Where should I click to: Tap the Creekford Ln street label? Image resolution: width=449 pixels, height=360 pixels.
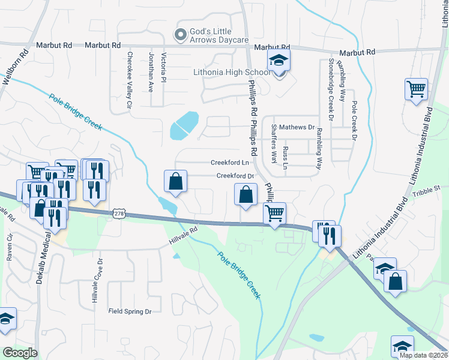(x=229, y=163)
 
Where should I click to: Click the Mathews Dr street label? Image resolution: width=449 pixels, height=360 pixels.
(x=297, y=127)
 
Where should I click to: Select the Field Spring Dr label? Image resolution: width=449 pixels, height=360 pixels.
(x=130, y=311)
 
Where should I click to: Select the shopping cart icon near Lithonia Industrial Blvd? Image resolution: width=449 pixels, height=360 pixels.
(x=416, y=90)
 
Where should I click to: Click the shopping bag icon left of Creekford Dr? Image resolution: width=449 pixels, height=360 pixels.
(x=175, y=182)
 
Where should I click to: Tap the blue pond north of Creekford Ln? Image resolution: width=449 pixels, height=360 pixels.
(x=185, y=124)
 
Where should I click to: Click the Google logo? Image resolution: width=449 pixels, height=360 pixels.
(x=20, y=353)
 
